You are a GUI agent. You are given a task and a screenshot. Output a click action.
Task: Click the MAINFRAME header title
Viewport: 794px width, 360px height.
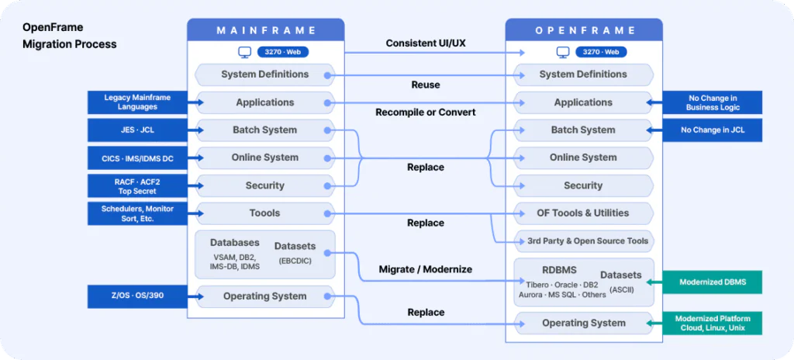point(266,30)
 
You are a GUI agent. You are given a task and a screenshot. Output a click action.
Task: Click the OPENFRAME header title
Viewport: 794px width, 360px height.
point(584,30)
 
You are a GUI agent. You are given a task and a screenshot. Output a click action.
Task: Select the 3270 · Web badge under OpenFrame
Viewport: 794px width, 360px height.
point(600,52)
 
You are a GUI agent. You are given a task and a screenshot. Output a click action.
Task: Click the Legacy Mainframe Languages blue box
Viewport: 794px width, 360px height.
point(137,102)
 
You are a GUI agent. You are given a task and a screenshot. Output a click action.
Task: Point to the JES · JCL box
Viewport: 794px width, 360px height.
point(137,130)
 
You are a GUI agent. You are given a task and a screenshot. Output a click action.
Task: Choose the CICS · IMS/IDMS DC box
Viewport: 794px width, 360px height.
point(137,157)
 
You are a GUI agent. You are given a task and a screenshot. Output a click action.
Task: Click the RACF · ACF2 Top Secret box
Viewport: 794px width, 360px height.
point(137,185)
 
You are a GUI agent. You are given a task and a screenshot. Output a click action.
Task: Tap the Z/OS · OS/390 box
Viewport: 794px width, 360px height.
point(137,296)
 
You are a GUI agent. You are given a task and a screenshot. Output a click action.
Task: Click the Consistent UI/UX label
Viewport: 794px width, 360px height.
point(425,43)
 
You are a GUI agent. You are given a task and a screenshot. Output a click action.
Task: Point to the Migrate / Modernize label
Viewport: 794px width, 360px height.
point(425,269)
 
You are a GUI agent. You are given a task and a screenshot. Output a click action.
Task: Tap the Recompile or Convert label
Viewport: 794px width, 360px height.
point(425,112)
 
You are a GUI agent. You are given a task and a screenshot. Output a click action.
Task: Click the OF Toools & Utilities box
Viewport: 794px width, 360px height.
point(583,213)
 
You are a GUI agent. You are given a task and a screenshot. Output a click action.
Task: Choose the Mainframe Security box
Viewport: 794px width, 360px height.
point(264,185)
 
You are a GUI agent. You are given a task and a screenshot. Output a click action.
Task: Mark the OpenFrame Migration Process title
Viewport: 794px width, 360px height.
point(69,35)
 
